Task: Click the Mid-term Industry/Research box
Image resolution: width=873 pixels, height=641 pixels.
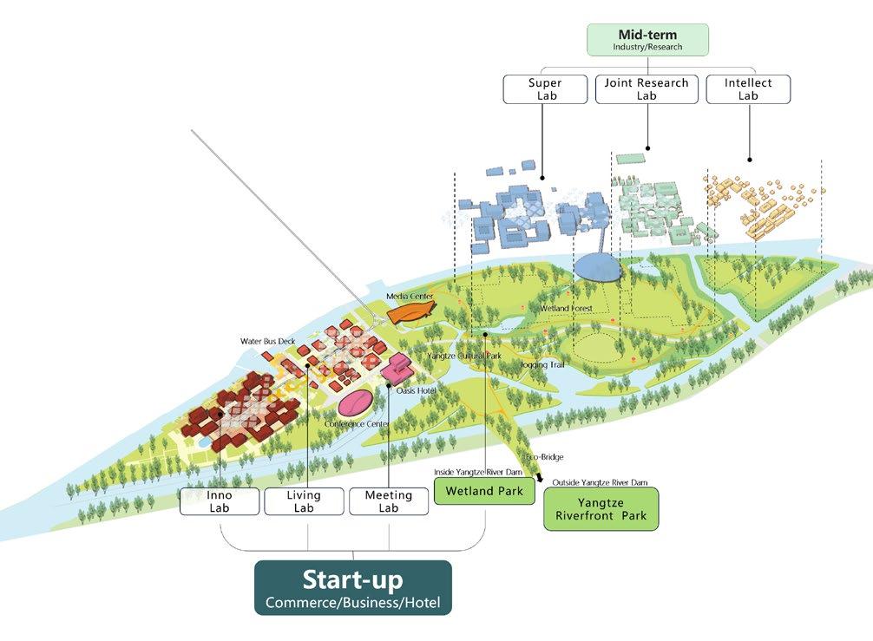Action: tap(647, 40)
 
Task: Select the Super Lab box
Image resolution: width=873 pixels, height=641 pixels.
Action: tap(545, 89)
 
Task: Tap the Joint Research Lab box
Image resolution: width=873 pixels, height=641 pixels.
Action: tap(647, 89)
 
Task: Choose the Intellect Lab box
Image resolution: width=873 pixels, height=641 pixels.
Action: tap(748, 89)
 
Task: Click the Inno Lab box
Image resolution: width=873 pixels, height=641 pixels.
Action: tap(220, 501)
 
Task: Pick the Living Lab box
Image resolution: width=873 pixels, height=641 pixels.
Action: tap(304, 501)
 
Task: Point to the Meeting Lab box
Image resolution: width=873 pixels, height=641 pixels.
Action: tap(388, 501)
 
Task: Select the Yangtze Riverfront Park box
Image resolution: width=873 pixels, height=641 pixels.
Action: tap(601, 509)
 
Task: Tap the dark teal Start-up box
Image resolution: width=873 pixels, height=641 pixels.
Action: tap(352, 587)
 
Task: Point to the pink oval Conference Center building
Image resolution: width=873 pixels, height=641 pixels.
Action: tap(355, 402)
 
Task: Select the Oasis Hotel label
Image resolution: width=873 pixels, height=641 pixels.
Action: tap(417, 390)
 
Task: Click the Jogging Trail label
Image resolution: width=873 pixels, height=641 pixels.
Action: tap(542, 365)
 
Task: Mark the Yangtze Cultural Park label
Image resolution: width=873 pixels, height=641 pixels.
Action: tap(463, 356)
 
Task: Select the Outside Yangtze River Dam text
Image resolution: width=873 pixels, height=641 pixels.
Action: tap(600, 482)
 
